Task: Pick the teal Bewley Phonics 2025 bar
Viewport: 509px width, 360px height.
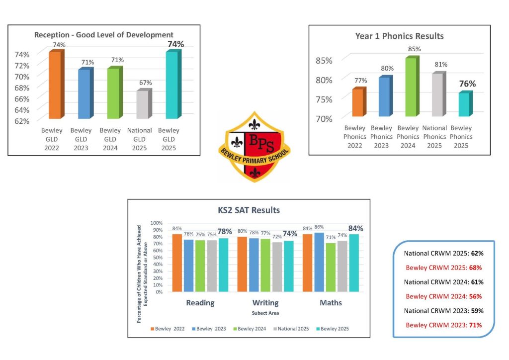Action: tap(464, 104)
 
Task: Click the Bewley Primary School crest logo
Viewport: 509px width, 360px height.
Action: tap(254, 147)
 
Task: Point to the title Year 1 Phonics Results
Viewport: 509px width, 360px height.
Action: tap(399, 36)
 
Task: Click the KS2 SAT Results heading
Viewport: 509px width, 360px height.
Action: tap(249, 210)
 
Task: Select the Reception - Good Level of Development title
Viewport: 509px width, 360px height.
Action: tap(103, 35)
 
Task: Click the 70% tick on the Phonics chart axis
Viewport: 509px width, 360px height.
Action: tap(324, 118)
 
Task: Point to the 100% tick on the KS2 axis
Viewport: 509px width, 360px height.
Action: tap(157, 223)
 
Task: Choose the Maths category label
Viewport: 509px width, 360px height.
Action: tap(331, 302)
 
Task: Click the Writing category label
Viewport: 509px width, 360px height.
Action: tap(265, 302)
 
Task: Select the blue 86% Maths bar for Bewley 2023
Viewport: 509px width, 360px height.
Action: tap(319, 262)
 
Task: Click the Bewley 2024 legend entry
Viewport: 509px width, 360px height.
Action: tap(253, 329)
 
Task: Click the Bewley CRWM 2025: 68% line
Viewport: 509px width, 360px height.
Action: tap(443, 268)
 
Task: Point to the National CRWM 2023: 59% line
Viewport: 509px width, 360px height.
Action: tap(443, 311)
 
